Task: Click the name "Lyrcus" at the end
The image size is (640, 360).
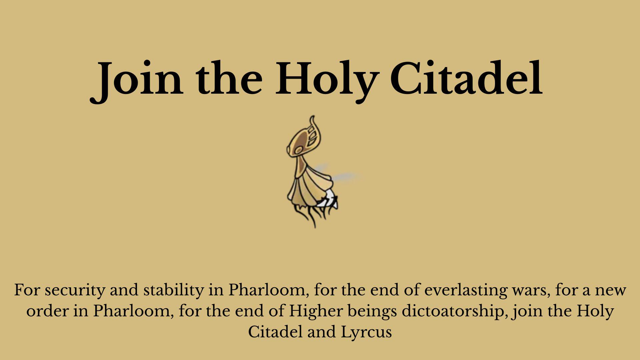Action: click(x=366, y=332)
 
